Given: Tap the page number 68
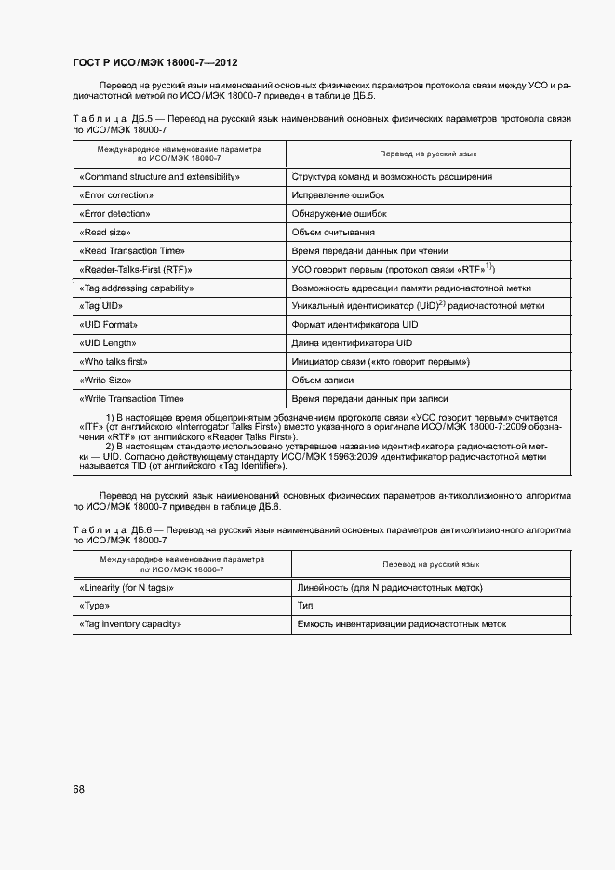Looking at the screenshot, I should click(x=79, y=789).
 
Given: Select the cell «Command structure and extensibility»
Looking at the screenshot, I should click(x=161, y=176).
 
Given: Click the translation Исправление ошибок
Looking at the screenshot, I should click(x=338, y=194).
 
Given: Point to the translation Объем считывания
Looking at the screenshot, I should click(x=333, y=232).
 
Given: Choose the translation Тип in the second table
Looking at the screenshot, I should click(x=306, y=606).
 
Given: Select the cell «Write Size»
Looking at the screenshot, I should click(x=105, y=380).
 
